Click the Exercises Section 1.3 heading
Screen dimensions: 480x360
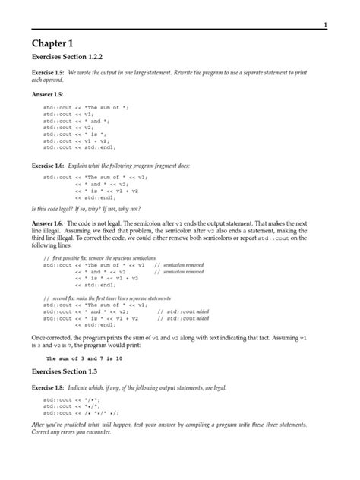pyautogui.click(x=63, y=374)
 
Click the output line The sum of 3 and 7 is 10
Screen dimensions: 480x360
pyautogui.click(x=84, y=358)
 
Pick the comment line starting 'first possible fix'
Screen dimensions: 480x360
pyautogui.click(x=99, y=258)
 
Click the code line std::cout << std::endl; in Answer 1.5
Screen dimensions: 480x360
pyautogui.click(x=81, y=147)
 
